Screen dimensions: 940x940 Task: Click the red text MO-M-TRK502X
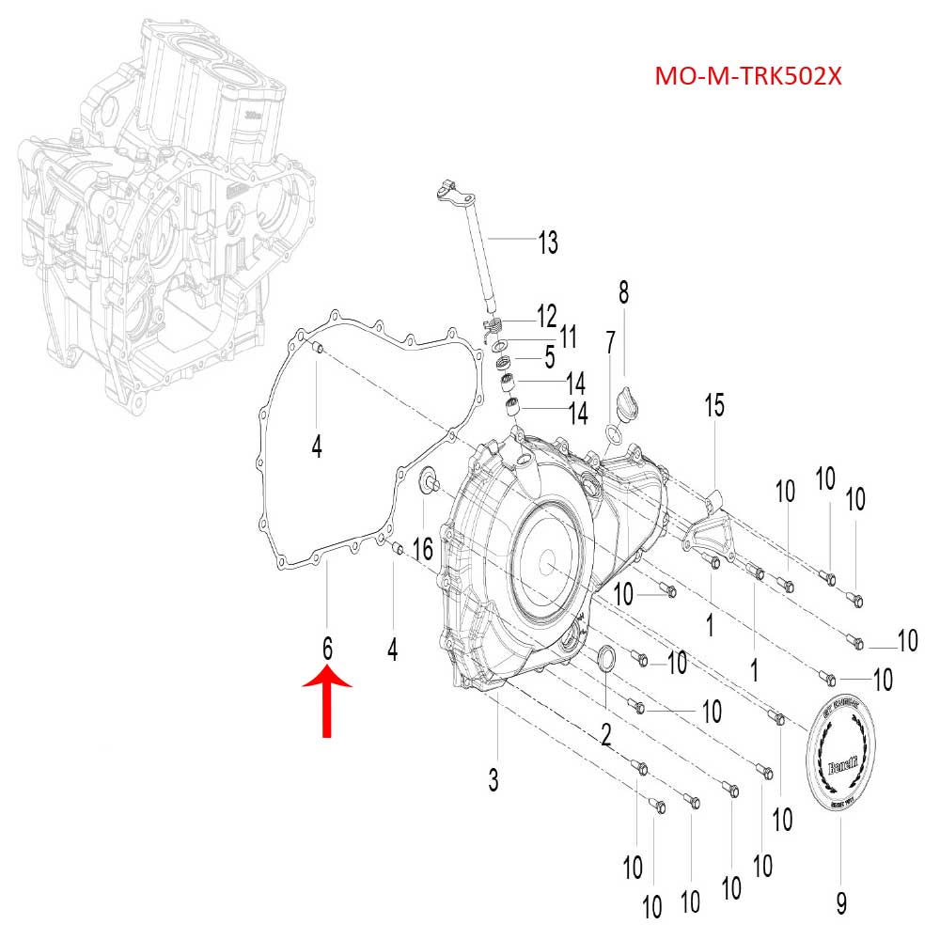click(x=747, y=75)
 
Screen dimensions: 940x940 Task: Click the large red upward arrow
click(x=326, y=701)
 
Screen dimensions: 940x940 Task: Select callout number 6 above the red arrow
click(x=327, y=648)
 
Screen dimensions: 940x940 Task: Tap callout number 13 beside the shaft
click(x=547, y=243)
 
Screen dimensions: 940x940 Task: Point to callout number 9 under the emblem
click(x=840, y=903)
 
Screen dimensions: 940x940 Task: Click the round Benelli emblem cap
click(x=842, y=758)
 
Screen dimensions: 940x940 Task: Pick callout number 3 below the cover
click(x=493, y=779)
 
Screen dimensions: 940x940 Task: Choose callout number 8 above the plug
click(x=622, y=292)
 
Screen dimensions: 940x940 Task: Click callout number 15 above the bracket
click(x=714, y=406)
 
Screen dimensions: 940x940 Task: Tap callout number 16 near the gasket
click(x=423, y=548)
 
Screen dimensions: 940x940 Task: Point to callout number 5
click(x=548, y=358)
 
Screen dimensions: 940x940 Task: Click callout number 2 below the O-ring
click(x=606, y=734)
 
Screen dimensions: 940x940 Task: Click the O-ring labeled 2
click(x=607, y=660)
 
